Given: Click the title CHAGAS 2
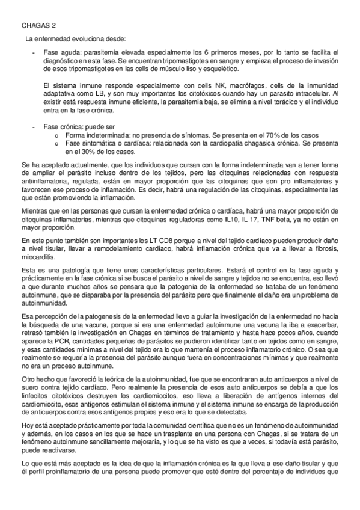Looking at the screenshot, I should click(35, 27).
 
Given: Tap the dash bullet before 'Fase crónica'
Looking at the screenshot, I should click(34, 127).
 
